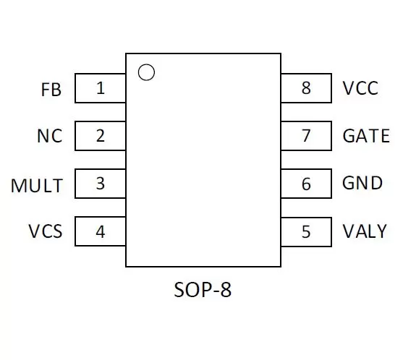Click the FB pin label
pos(51,90)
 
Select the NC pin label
pos(50,136)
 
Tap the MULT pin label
pos(37,185)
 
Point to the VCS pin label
pos(46,231)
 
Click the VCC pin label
pos(360,88)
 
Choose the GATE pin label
pos(366,136)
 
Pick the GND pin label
pos(362,183)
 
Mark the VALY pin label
pos(365,231)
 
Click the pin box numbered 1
pos(101,88)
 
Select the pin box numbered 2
pos(101,136)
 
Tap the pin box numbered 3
pos(101,184)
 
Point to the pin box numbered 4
pos(101,231)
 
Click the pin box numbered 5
pos(306,232)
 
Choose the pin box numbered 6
pos(306,184)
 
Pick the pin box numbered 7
pos(306,136)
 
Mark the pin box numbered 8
pos(306,88)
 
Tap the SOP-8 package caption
pos(203,290)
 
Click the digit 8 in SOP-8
pos(226,290)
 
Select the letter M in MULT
pos(18,185)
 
